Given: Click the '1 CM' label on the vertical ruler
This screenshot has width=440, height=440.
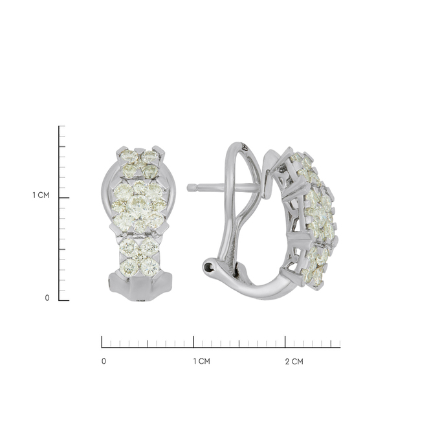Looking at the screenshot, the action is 41,195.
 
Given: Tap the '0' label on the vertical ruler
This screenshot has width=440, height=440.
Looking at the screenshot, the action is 47,298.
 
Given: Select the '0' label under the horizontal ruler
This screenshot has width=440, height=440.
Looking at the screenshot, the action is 104,362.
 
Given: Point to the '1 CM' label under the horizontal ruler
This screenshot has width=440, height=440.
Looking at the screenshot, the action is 202,362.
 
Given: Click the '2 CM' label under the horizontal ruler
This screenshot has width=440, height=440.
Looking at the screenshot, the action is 294,362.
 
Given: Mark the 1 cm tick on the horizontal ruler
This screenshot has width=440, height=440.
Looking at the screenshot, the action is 193,342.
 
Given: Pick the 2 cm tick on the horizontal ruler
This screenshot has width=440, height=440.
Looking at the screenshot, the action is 285,342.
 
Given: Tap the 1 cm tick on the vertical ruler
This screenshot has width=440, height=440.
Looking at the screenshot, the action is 64,198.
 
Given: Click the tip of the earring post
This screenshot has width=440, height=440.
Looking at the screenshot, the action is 188,188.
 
